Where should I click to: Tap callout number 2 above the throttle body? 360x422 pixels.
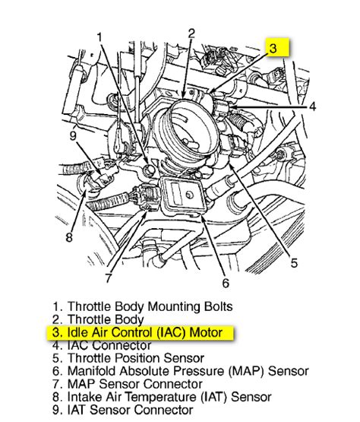click(x=191, y=33)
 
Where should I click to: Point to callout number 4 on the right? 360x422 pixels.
click(x=312, y=107)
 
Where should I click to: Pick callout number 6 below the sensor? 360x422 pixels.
click(x=225, y=283)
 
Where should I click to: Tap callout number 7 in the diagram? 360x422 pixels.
click(x=108, y=278)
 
